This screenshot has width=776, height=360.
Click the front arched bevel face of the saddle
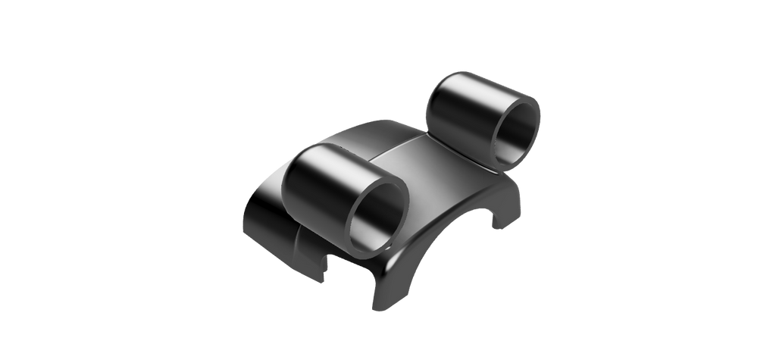(x=424, y=243)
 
